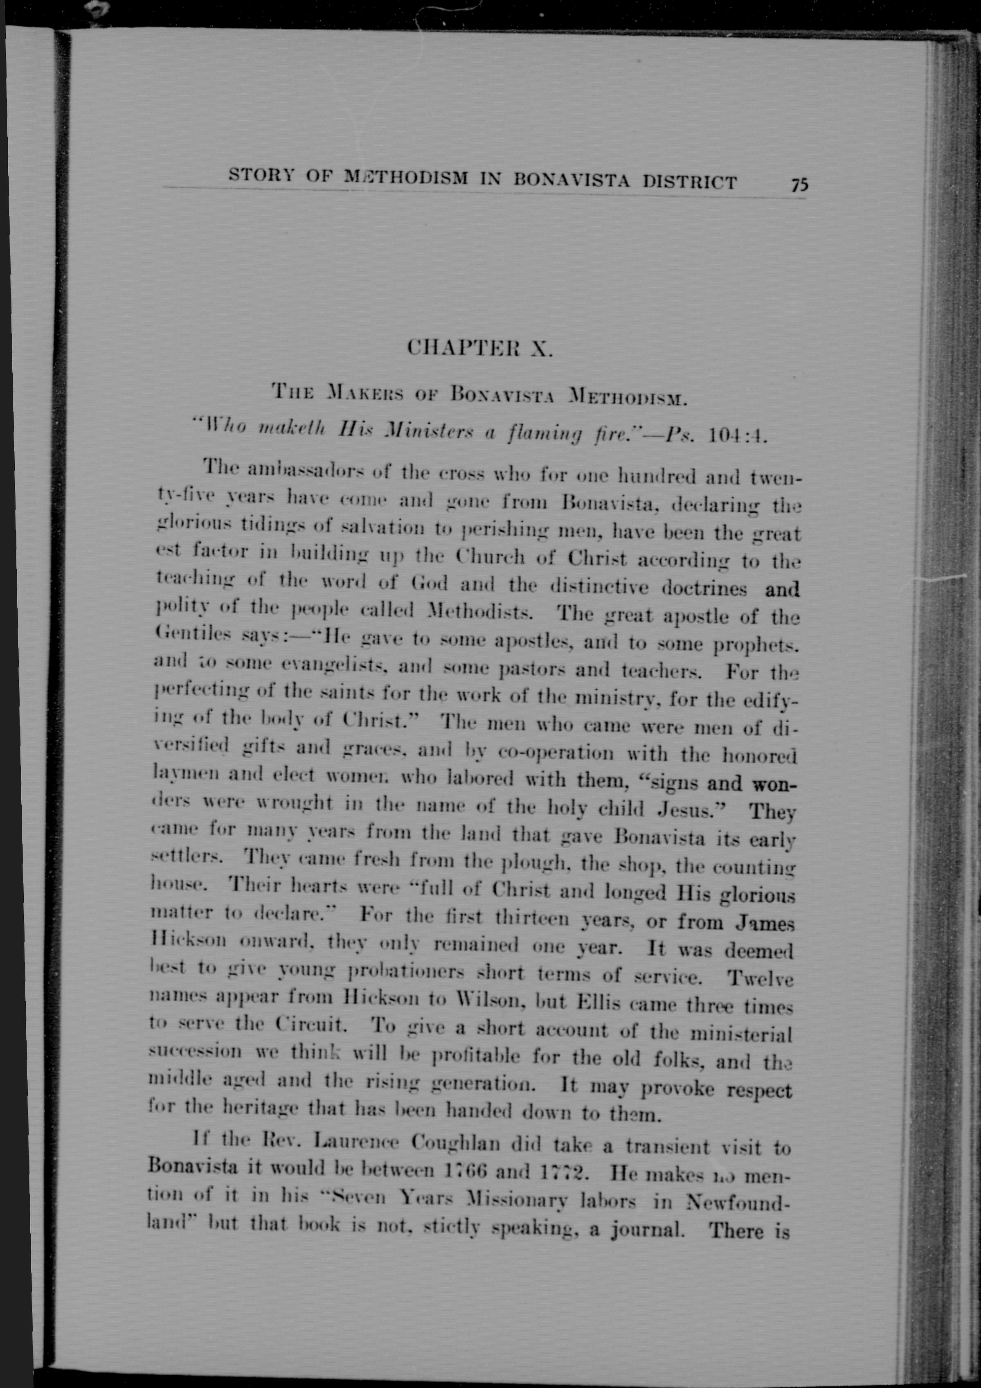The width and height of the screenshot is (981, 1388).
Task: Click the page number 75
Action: pos(800,184)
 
